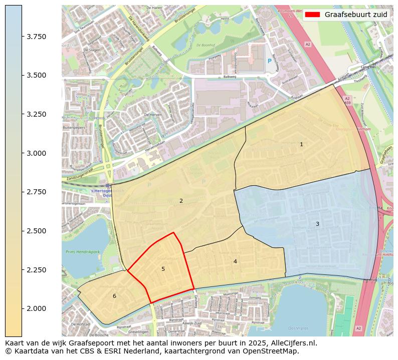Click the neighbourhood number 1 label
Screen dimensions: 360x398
coord(301,144)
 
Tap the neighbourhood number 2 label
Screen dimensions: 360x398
coord(181,201)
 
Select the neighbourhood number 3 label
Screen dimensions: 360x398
coord(317,224)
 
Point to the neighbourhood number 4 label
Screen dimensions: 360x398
coord(235,261)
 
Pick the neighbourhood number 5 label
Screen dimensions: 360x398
coord(163,269)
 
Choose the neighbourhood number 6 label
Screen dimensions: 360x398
coord(114,296)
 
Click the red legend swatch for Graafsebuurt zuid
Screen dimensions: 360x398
coord(312,15)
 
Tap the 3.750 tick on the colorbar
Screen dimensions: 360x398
coord(22,37)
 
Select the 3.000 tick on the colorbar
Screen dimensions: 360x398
coord(22,153)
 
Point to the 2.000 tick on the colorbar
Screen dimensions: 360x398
coord(22,308)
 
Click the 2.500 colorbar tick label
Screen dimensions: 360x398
coord(37,231)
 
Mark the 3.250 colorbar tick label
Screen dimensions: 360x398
coord(37,114)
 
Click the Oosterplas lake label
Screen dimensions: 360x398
coord(298,328)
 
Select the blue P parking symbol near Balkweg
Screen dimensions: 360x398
coord(269,61)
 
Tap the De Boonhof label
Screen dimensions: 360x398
coord(206,45)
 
